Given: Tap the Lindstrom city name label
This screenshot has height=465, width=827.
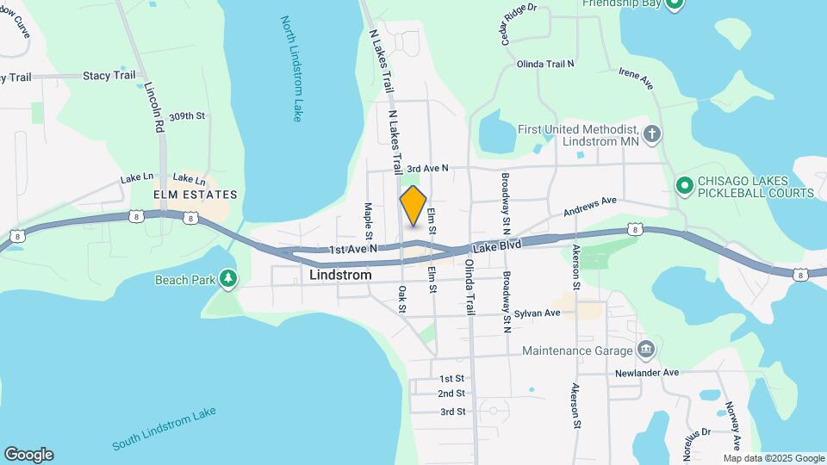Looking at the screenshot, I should coord(340,276).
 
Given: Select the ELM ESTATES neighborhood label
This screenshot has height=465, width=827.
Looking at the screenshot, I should coord(195,195).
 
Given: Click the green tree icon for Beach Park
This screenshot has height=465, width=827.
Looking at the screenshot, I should coord(228,278).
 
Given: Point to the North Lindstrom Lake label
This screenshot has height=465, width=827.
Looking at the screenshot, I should coord(292,69).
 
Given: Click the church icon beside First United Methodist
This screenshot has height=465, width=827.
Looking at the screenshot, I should coord(653,133).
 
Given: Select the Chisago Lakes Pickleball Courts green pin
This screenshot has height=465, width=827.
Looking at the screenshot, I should coord(684,185).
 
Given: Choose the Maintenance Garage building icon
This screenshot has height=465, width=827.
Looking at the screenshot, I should coord(645,349).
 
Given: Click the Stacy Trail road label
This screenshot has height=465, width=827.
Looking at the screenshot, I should coord(109,76).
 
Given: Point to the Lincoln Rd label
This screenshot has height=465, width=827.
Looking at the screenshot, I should coord(155,108).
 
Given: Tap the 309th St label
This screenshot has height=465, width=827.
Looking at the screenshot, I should coord(188,115).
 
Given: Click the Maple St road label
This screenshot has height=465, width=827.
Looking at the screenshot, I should coord(369,220).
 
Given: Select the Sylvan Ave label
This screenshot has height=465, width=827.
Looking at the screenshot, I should coord(538,313).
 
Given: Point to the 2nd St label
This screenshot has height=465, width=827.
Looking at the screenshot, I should coord(451,394).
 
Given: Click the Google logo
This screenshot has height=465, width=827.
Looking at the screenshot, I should coord(28,455).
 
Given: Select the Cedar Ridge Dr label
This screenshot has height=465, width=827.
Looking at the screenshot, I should coord(515,26).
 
